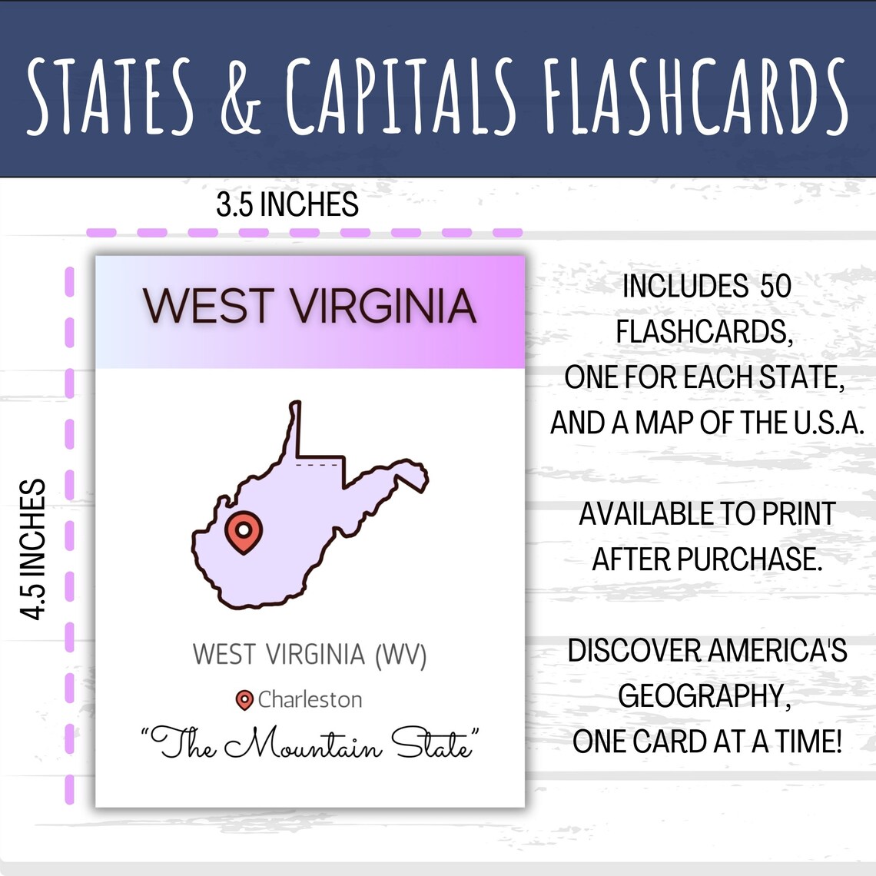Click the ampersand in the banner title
241,95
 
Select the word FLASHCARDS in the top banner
694,95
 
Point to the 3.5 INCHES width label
287,205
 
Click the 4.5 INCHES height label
34,549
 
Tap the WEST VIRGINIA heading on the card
310,306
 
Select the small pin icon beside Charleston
244,700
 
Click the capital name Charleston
310,700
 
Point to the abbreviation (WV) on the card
400,655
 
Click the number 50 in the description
775,287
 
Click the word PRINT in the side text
799,514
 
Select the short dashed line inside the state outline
317,466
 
